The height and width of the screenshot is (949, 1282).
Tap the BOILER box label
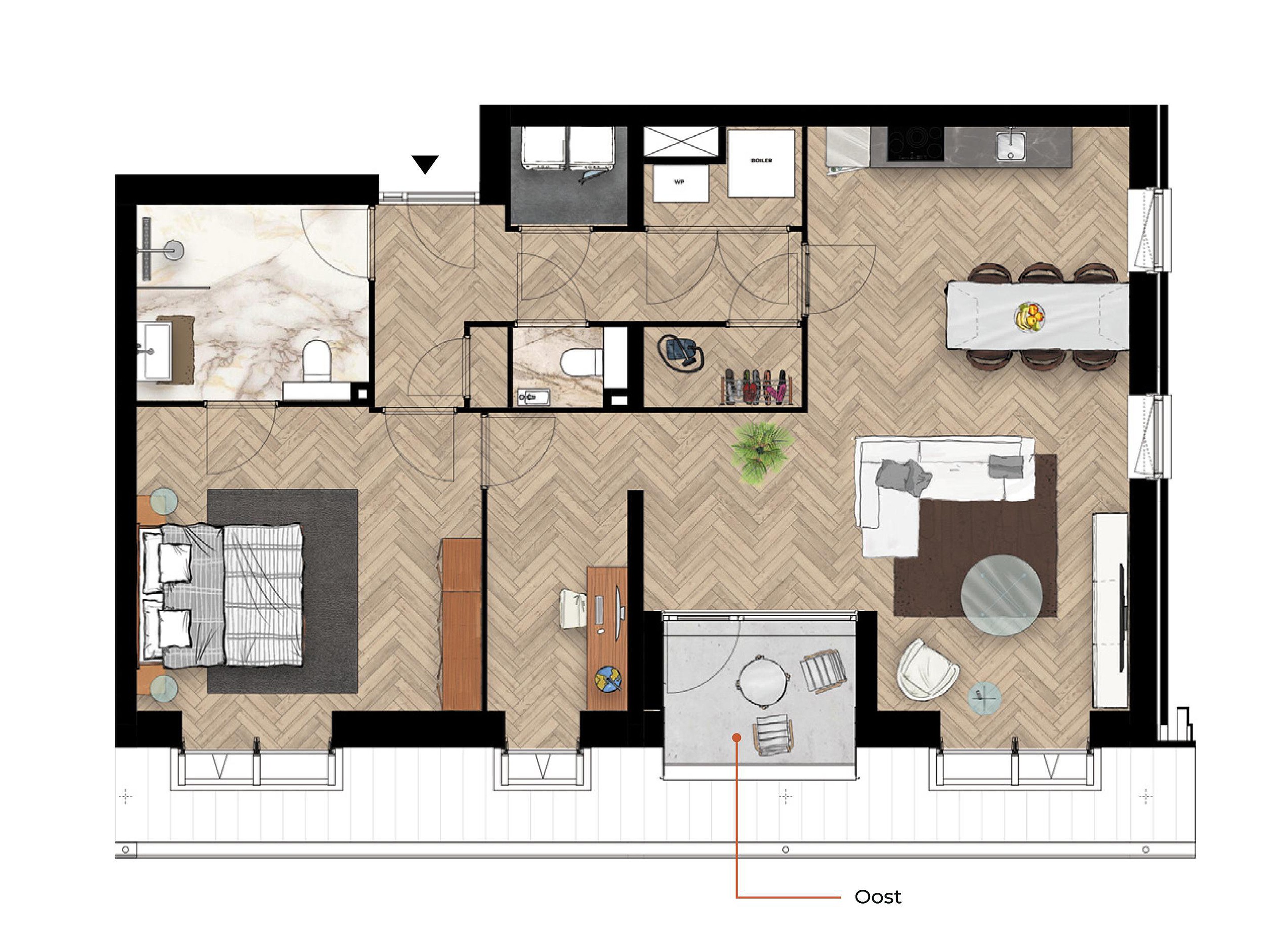click(x=761, y=161)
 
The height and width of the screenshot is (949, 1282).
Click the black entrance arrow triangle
click(x=425, y=164)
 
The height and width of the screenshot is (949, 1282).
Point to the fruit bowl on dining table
click(x=1029, y=316)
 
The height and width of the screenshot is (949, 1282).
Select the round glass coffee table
click(x=1001, y=595)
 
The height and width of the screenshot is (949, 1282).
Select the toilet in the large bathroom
click(x=316, y=360)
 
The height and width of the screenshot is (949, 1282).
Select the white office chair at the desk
click(x=574, y=609)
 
